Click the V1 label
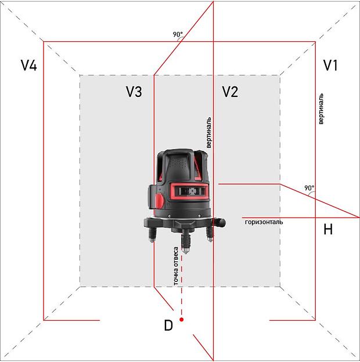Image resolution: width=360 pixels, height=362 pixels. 330,65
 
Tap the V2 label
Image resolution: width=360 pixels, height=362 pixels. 230,92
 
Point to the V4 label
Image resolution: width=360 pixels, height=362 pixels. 29,66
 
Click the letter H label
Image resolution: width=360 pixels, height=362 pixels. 328,230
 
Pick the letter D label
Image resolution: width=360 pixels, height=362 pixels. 168,325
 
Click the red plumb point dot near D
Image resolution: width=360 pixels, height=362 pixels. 182,320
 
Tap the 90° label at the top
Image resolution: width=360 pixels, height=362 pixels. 178,35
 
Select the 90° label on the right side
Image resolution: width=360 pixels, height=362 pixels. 309,188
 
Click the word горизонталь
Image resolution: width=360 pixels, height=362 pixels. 264,222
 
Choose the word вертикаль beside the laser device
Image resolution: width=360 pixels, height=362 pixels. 209,133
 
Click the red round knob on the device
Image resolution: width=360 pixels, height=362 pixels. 158,200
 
